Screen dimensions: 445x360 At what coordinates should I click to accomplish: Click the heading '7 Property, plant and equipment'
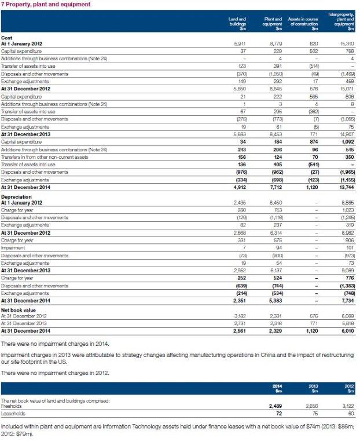point(46,5)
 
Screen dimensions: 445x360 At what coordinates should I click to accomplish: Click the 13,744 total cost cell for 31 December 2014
point(345,187)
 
